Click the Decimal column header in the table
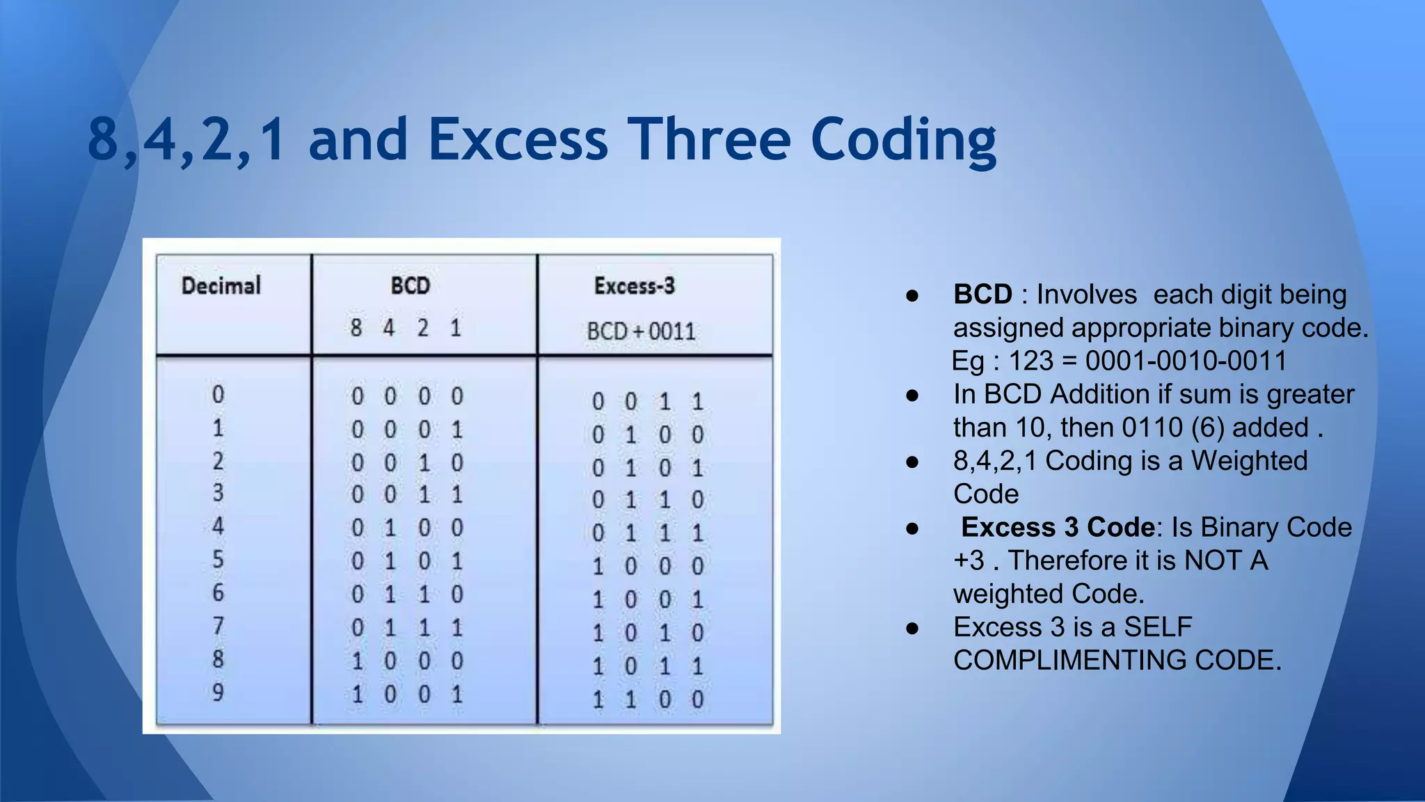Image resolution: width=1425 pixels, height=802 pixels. pyautogui.click(x=221, y=285)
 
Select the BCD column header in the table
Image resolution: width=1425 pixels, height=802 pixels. pyautogui.click(x=410, y=285)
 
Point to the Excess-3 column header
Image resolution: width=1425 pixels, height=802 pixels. pyautogui.click(x=634, y=285)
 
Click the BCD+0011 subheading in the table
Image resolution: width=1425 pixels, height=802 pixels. pyautogui.click(x=640, y=331)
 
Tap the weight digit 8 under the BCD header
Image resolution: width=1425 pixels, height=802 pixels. pyautogui.click(x=356, y=327)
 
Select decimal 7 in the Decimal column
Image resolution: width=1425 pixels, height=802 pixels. pyautogui.click(x=218, y=626)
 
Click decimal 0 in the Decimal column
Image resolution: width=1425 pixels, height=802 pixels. pyautogui.click(x=218, y=395)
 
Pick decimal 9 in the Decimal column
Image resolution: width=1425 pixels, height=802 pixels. pyautogui.click(x=218, y=693)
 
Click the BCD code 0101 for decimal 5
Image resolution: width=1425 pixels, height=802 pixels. pyautogui.click(x=407, y=561)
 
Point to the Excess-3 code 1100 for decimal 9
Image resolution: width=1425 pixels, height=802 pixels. pyautogui.click(x=647, y=699)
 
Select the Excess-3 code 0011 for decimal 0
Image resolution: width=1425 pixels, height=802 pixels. pyautogui.click(x=647, y=402)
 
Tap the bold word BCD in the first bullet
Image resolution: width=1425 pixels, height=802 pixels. pyautogui.click(x=982, y=294)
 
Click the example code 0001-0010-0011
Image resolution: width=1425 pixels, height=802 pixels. pyautogui.click(x=1186, y=361)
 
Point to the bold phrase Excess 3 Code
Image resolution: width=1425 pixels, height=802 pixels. pyautogui.click(x=1058, y=527)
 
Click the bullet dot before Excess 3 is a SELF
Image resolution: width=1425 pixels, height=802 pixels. pyautogui.click(x=913, y=629)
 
